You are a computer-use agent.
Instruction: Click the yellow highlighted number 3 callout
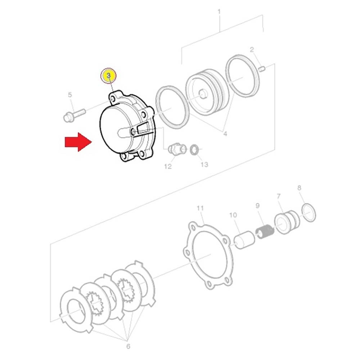(108, 76)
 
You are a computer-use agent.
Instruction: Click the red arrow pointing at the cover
(78, 142)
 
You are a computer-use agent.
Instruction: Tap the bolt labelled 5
(74, 116)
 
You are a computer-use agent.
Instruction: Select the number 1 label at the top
(219, 12)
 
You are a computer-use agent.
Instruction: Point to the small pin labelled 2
(262, 68)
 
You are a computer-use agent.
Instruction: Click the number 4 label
(225, 134)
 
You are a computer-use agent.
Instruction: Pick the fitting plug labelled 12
(176, 149)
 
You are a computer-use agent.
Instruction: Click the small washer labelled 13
(194, 149)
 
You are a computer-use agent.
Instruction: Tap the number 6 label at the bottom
(128, 346)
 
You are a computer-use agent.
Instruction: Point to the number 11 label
(200, 208)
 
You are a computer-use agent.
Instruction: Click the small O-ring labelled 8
(309, 212)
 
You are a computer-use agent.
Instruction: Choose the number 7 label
(279, 196)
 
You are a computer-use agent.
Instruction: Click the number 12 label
(168, 166)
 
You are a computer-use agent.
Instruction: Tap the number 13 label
(204, 165)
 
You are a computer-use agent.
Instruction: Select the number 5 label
(70, 95)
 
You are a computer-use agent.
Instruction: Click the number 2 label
(252, 50)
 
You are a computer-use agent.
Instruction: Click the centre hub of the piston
(203, 94)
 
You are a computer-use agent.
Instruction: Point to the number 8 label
(299, 188)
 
